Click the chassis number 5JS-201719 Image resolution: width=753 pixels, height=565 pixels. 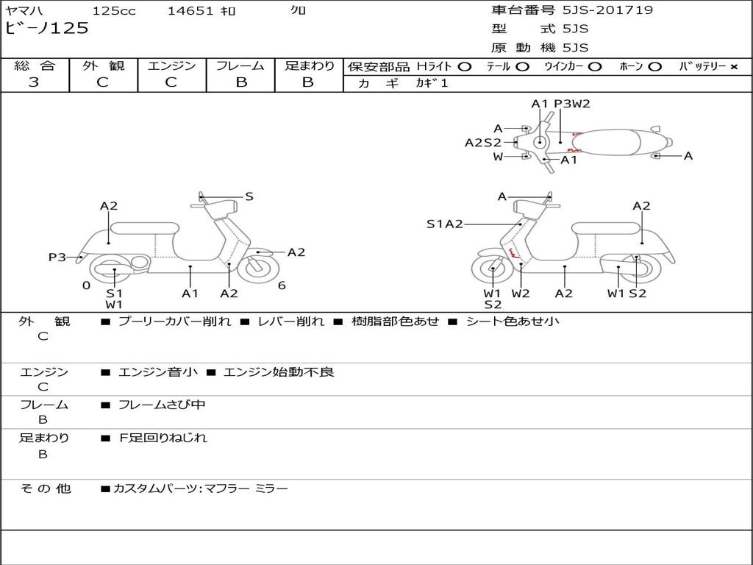click(x=607, y=10)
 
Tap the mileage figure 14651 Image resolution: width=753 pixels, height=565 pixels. click(x=190, y=11)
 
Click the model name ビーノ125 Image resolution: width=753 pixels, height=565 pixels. click(x=46, y=29)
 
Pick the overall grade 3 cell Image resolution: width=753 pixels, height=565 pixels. click(x=34, y=82)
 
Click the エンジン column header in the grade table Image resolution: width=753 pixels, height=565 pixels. click(x=171, y=66)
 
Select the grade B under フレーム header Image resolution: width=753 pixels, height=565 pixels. click(x=241, y=82)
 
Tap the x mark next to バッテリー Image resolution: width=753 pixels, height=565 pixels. click(x=734, y=67)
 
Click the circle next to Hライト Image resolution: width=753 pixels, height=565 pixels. click(x=465, y=67)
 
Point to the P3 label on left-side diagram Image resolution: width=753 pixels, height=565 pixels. click(x=57, y=257)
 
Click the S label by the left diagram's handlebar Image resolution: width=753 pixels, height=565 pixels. click(x=249, y=196)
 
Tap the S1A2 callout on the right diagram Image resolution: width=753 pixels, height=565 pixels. click(x=445, y=224)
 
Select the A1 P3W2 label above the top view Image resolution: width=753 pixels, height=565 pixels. click(x=561, y=104)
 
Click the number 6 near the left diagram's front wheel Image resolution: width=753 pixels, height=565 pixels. click(x=282, y=285)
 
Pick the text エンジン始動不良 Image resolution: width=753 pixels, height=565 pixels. click(x=279, y=372)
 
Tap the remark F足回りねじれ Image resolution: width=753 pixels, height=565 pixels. click(x=163, y=438)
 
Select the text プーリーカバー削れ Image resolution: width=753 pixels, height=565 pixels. click(x=174, y=321)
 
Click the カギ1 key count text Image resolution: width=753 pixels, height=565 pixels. click(x=432, y=84)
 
